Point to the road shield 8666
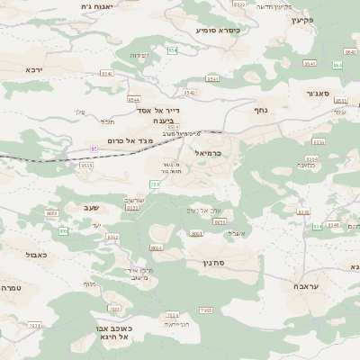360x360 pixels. coord(51,213)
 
